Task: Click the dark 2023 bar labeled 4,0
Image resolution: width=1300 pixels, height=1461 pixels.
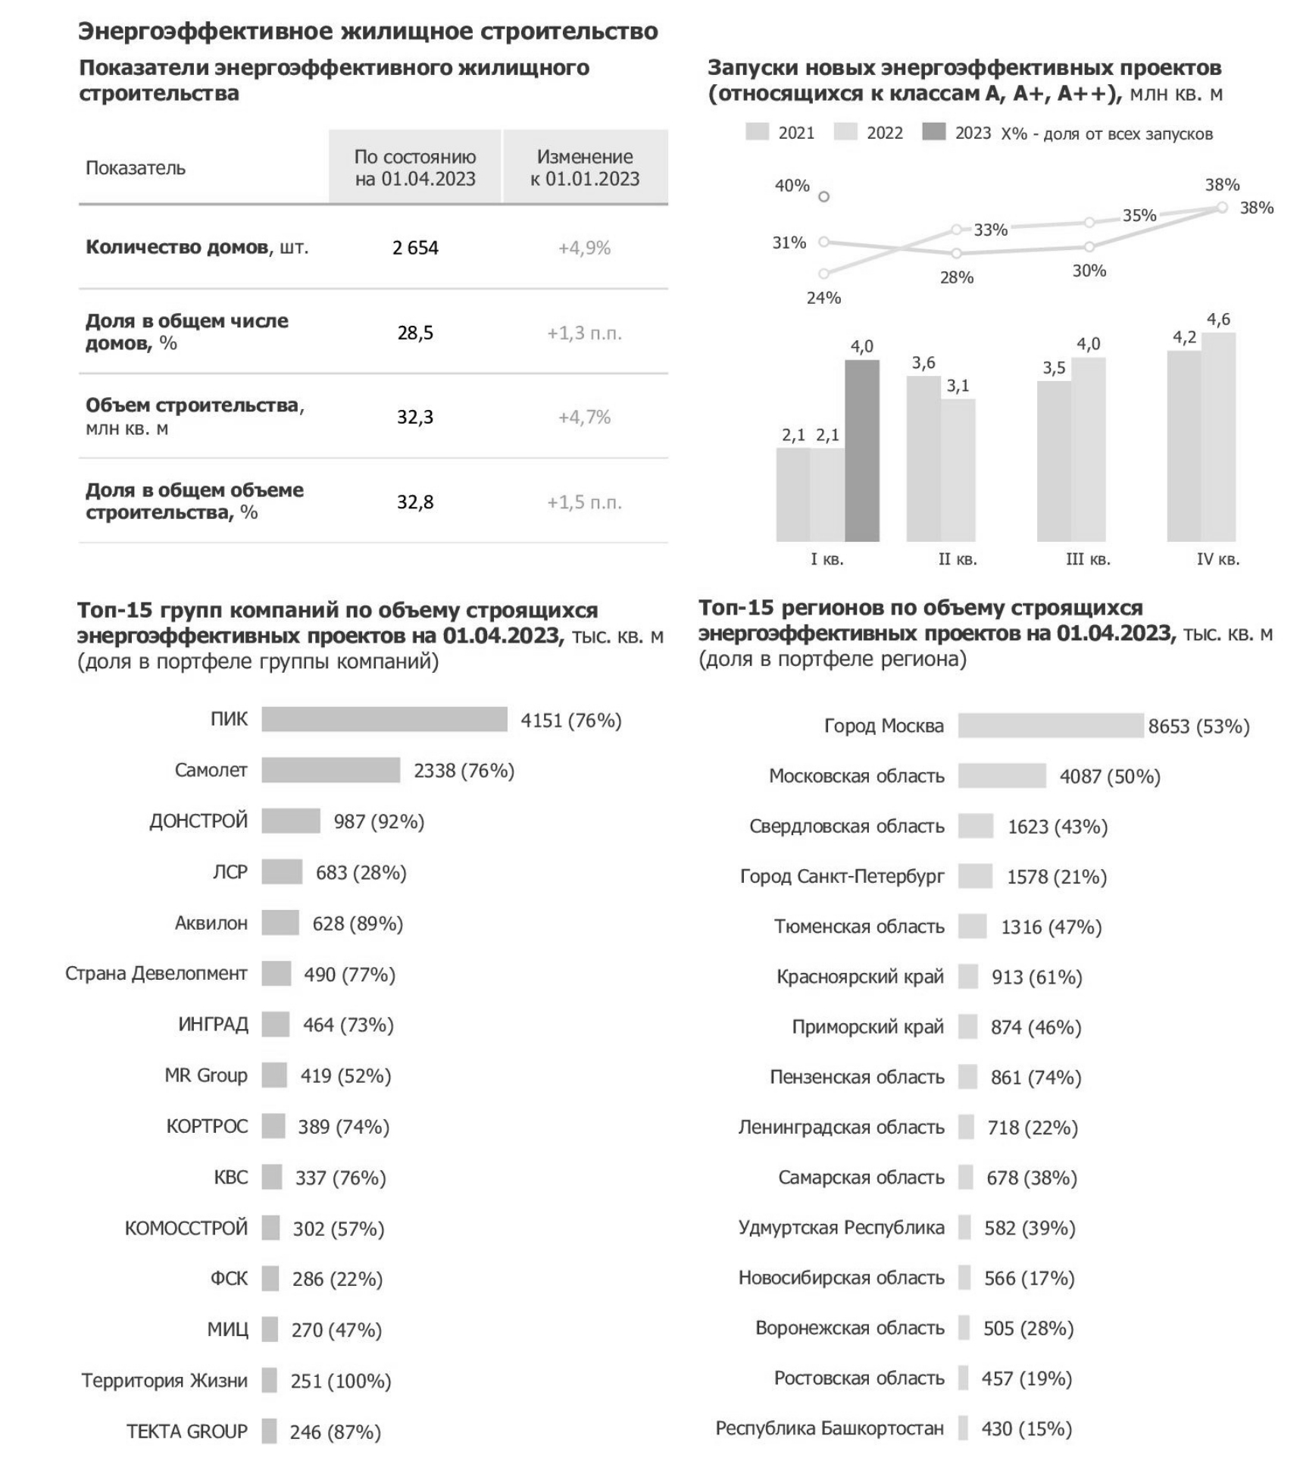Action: click(x=862, y=450)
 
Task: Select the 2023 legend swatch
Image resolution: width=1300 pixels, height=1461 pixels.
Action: click(x=933, y=133)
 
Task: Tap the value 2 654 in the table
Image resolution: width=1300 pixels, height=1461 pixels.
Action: click(x=415, y=248)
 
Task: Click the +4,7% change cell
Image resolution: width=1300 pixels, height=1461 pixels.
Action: click(x=584, y=417)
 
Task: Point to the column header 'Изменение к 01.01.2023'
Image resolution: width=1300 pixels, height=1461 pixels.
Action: click(x=585, y=167)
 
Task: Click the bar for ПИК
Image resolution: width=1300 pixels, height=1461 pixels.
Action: click(x=384, y=719)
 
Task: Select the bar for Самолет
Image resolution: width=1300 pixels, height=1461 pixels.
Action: click(x=330, y=770)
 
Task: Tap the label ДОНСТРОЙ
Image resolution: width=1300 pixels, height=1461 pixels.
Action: click(x=198, y=821)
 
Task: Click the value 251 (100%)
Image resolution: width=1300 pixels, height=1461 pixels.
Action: click(x=341, y=1381)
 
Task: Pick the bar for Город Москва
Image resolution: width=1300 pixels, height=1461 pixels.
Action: click(x=1050, y=725)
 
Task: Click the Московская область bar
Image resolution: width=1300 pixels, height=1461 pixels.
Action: click(x=1002, y=775)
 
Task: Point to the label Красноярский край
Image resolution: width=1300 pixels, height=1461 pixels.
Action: click(x=860, y=977)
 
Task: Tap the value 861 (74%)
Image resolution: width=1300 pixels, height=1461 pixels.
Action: click(x=1036, y=1077)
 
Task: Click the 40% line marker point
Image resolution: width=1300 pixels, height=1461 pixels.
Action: click(x=824, y=197)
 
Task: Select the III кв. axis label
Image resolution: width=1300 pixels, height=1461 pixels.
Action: click(x=1087, y=559)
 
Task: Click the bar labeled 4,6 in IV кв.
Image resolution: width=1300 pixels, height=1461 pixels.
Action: click(x=1218, y=436)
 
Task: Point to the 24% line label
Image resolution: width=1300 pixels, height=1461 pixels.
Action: click(x=823, y=298)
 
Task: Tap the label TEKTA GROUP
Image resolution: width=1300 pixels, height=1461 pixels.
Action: click(x=186, y=1431)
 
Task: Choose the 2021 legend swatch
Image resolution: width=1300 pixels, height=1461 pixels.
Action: click(x=757, y=133)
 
